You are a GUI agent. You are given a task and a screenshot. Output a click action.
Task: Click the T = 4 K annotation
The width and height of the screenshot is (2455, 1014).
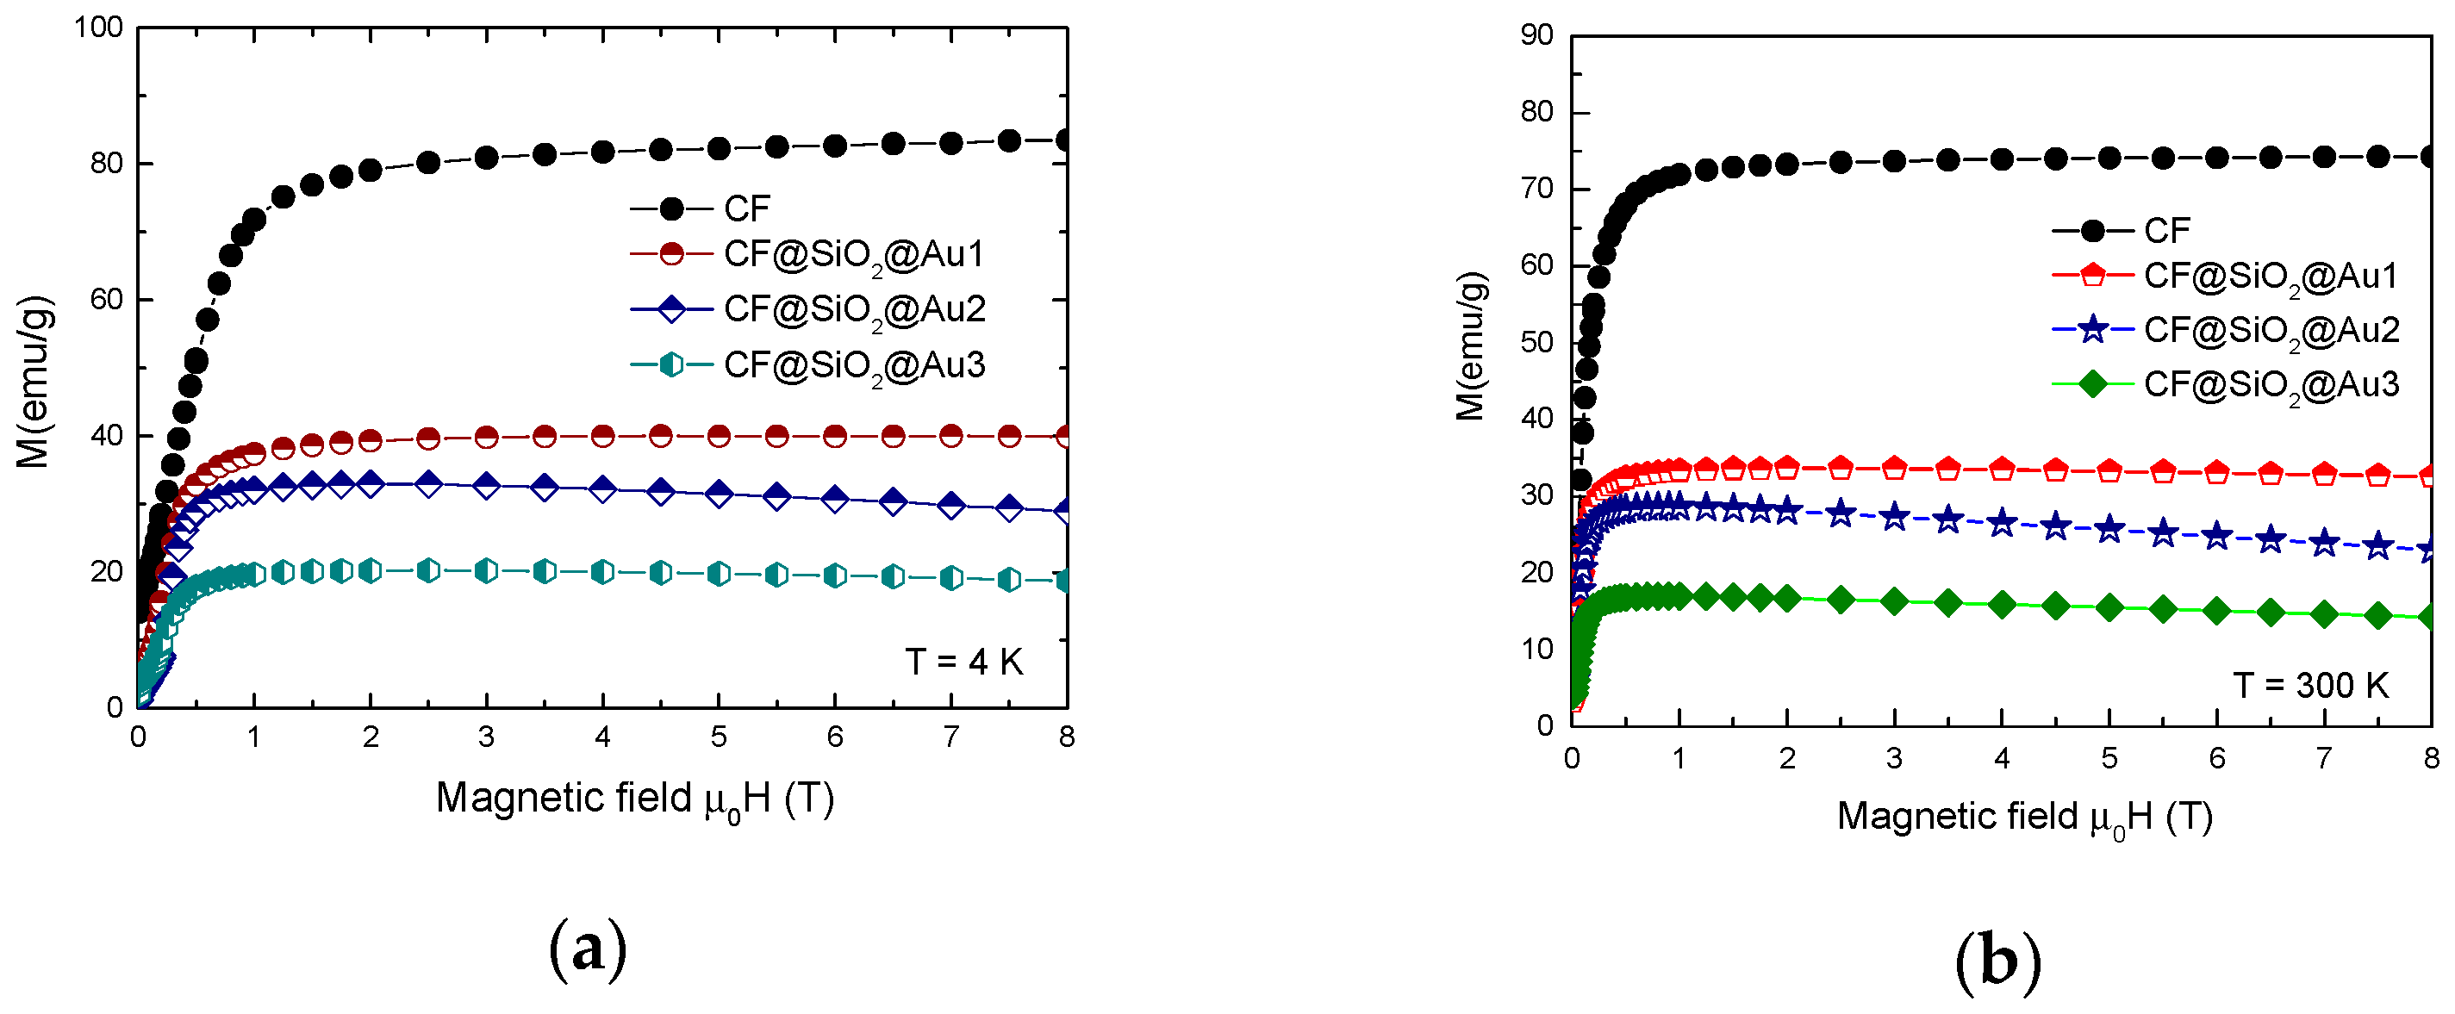point(963,662)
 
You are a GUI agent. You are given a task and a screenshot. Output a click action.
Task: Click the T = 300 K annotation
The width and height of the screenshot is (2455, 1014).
point(2310,685)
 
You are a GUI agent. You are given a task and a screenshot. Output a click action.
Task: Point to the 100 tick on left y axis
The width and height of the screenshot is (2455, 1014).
point(99,28)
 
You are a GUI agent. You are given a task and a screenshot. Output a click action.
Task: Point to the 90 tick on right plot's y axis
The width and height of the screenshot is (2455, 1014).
point(1536,35)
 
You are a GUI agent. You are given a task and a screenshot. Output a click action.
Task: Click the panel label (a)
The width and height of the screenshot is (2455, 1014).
point(587,949)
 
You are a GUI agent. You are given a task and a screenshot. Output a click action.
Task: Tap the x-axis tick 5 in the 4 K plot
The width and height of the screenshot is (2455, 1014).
point(719,737)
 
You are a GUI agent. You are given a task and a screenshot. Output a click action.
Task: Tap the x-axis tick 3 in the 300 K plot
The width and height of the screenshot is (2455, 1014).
point(1894,759)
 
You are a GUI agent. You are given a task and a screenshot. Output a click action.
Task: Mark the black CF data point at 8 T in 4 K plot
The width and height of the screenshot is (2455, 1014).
point(1065,141)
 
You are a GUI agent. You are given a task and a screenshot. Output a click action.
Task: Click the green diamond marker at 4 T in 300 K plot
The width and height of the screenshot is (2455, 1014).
point(2002,604)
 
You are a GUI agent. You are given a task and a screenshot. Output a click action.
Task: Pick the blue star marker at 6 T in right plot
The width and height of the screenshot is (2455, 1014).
point(2217,537)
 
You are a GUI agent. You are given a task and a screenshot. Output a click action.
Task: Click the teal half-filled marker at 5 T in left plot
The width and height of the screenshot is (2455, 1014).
point(719,574)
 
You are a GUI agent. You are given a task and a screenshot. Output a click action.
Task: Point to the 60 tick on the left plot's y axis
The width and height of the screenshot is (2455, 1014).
point(107,300)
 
